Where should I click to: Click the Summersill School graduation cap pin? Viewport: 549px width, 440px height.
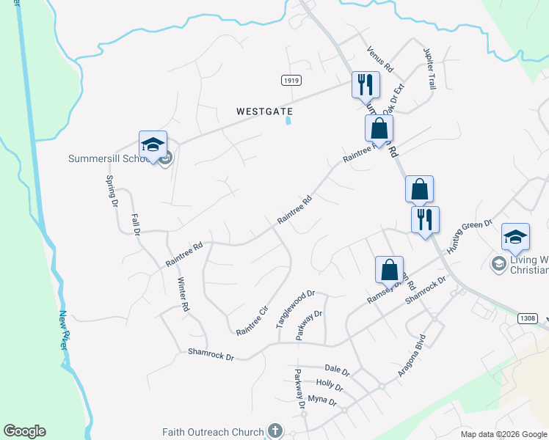point(153,144)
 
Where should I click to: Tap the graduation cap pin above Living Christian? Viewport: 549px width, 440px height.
point(515,237)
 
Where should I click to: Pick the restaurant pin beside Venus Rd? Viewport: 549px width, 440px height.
point(365,85)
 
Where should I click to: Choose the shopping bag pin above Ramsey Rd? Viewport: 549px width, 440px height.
point(389,269)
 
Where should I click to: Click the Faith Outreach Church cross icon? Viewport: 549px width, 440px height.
point(275,431)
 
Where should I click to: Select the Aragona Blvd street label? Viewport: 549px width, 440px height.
point(412,357)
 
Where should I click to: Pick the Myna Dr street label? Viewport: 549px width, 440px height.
point(322,402)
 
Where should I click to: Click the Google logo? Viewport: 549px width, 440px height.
point(24,431)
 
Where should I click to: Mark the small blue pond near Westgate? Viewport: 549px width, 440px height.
point(288,120)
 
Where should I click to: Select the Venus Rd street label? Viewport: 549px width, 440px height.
point(380,59)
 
